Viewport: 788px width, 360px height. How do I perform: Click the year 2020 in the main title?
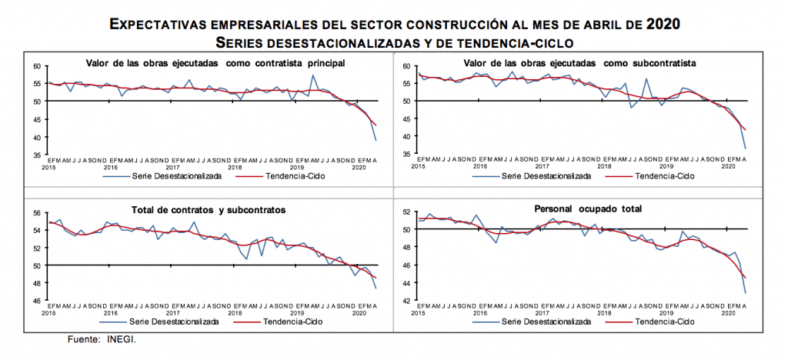click(663, 24)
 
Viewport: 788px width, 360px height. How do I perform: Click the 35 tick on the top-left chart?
click(37, 155)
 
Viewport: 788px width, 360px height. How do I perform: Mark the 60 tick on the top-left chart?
click(37, 66)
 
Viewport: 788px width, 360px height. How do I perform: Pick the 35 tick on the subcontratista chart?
click(406, 155)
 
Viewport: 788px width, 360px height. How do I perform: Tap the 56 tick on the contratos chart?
click(37, 213)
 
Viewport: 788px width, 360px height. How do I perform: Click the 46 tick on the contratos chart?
click(37, 301)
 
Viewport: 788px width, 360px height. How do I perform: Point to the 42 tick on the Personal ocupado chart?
click(406, 301)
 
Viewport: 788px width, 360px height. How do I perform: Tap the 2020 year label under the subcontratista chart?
click(727, 166)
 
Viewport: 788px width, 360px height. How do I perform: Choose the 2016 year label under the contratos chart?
click(111, 312)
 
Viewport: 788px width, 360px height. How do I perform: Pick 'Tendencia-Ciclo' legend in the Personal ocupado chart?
click(666, 322)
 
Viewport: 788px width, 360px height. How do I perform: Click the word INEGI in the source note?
click(121, 338)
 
